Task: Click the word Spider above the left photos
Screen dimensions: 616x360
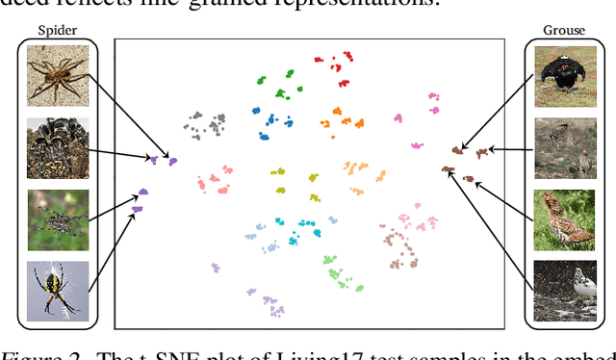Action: (x=58, y=30)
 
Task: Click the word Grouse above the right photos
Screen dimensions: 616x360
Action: (x=564, y=30)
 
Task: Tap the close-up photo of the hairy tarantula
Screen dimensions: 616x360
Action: (x=58, y=147)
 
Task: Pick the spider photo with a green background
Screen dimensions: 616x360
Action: (x=58, y=219)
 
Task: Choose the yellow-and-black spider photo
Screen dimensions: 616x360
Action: (x=58, y=290)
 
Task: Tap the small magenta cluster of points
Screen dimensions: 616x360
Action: (x=398, y=117)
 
